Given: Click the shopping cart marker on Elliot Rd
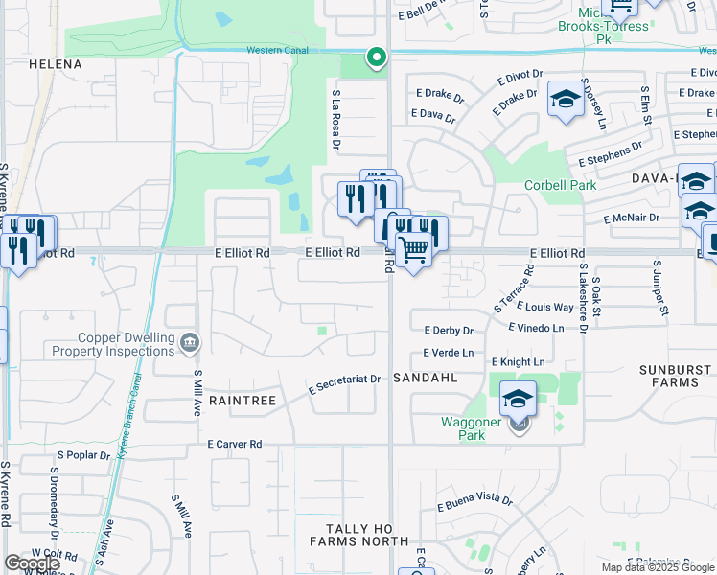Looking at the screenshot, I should tap(413, 250).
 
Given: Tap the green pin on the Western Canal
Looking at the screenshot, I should tap(377, 57).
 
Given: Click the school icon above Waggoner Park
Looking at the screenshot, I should tap(518, 399).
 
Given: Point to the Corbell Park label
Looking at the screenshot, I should tap(560, 185).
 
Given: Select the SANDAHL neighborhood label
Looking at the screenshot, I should tap(423, 379).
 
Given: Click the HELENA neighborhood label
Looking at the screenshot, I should tap(56, 64).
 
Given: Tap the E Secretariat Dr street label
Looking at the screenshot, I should tap(345, 385).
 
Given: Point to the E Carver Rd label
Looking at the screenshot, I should tap(235, 445).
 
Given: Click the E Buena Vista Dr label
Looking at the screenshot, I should tap(474, 500).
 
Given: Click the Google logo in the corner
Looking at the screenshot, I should tap(32, 564).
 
